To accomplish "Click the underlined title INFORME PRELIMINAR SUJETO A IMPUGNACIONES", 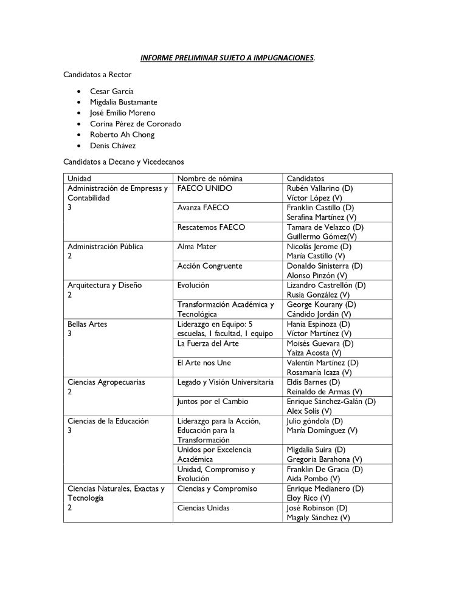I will (227, 58).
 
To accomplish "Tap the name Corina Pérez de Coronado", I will (135, 124).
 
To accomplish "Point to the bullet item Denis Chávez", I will (112, 146).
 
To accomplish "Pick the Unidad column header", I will (80, 179).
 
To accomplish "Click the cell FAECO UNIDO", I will (205, 188).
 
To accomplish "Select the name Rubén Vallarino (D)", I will (319, 188).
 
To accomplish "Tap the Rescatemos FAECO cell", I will (210, 227).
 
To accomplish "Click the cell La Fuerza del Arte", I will (207, 343).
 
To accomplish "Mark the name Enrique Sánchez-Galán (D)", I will (331, 402).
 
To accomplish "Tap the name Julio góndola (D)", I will (315, 421).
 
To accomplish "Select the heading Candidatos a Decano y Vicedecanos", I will (124, 162).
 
